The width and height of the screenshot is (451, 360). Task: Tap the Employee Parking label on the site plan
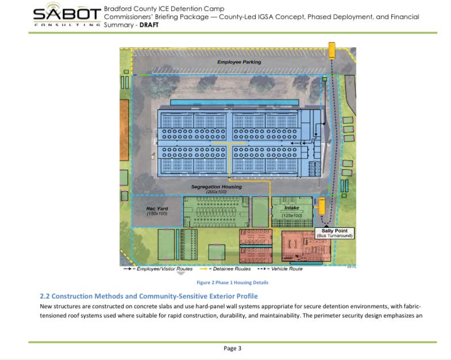click(239, 62)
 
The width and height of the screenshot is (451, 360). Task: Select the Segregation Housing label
click(217, 187)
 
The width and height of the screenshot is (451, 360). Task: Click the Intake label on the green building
click(292, 208)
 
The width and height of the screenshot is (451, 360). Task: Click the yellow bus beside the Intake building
click(321, 205)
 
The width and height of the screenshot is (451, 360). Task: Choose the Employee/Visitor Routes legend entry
click(160, 268)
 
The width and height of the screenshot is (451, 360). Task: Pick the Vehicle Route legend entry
click(280, 268)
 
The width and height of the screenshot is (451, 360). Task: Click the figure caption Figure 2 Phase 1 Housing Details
click(232, 282)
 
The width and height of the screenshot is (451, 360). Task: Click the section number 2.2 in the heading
click(45, 296)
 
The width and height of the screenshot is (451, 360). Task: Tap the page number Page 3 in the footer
click(232, 348)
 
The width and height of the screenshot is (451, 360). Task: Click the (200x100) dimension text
click(217, 192)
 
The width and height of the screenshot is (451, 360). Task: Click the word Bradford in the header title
click(118, 9)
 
